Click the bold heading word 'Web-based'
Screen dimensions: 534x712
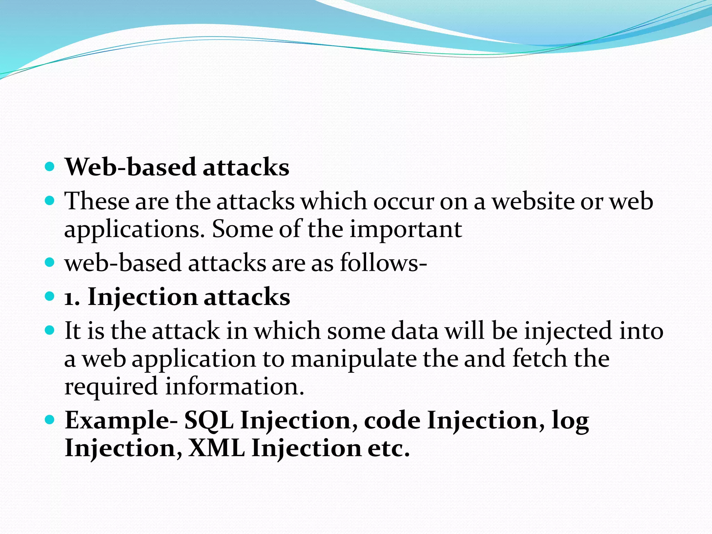131,167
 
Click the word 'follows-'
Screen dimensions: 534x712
383,263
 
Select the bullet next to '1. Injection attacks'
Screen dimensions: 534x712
50,297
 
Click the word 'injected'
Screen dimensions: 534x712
568,331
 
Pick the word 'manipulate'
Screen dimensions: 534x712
354,359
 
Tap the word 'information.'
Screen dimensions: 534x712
235,387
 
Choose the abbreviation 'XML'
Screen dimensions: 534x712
216,448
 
